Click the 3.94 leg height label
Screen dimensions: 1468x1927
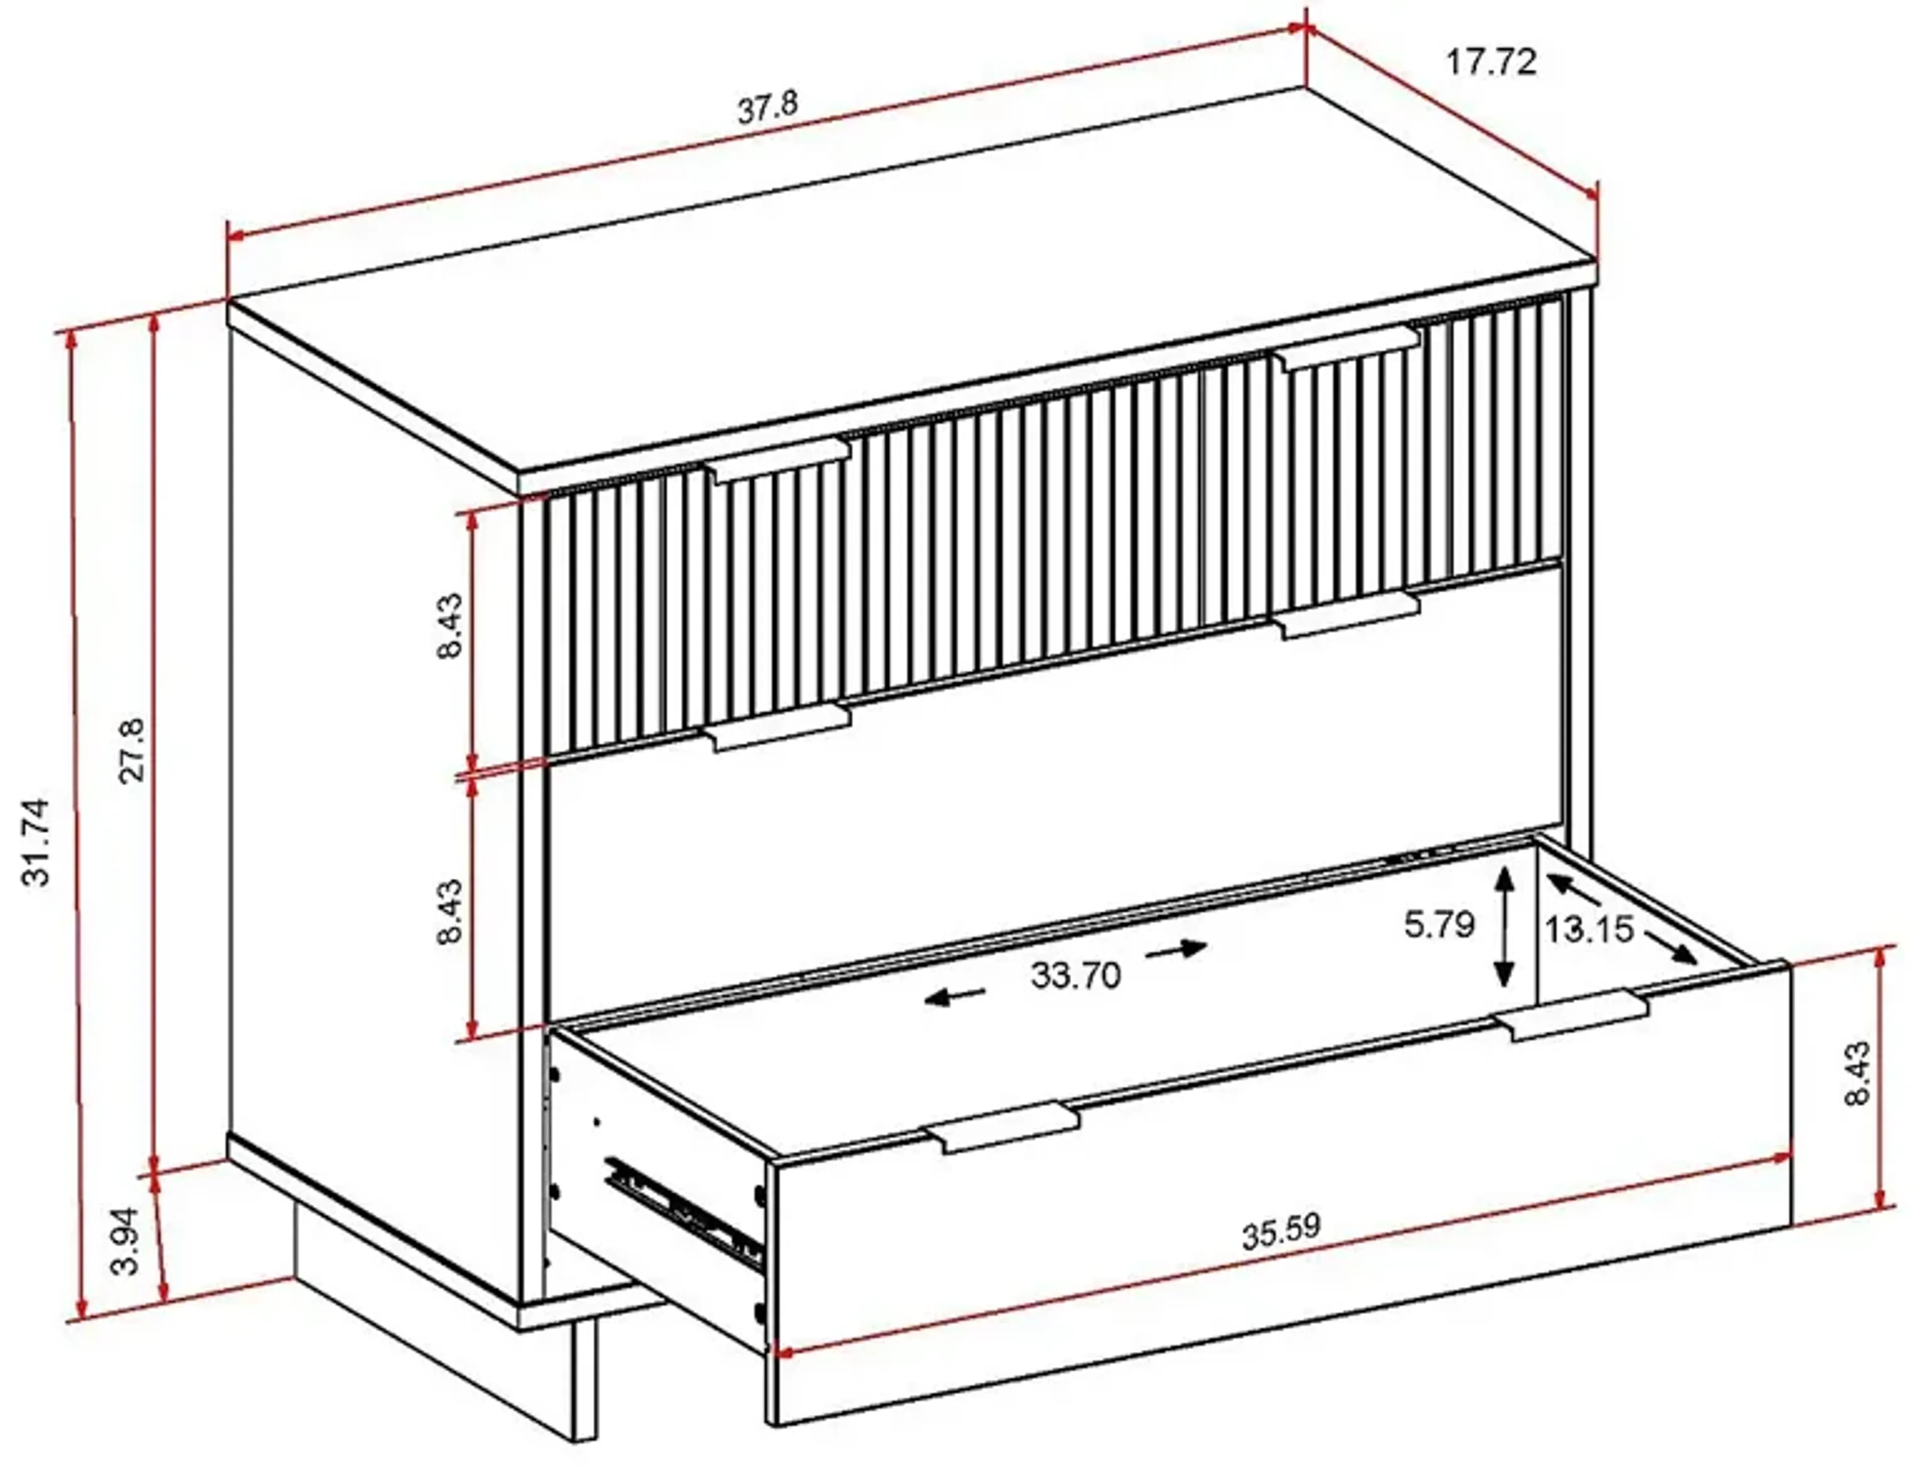click(127, 1241)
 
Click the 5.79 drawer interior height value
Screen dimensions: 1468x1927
click(1439, 925)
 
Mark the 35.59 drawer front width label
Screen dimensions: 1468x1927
click(1281, 1232)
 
